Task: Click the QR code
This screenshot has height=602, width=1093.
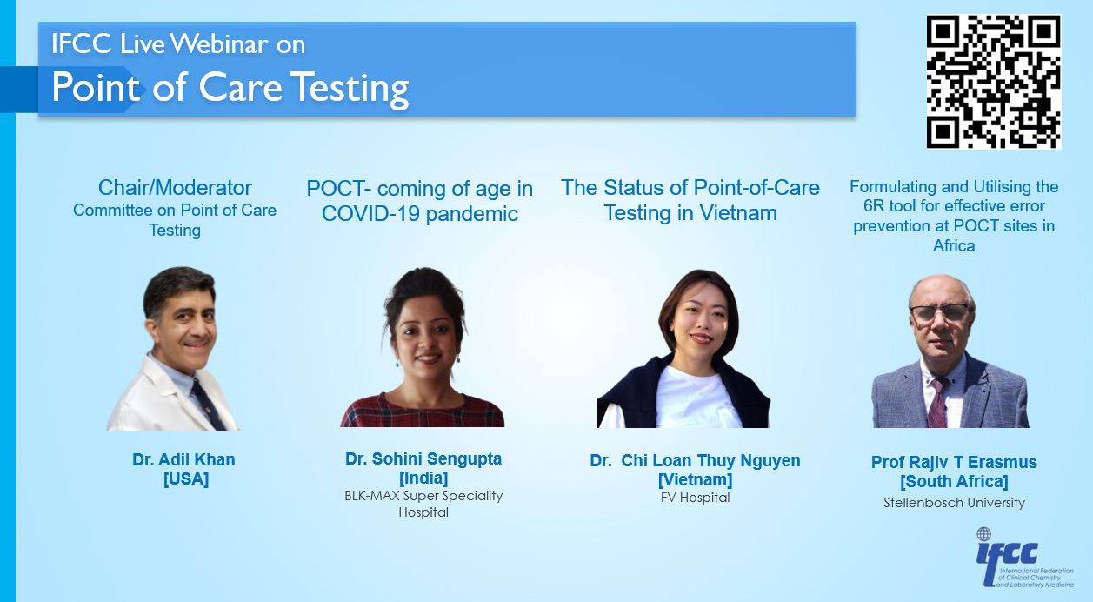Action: pos(994,82)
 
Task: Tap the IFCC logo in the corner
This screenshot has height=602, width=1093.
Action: pos(1024,558)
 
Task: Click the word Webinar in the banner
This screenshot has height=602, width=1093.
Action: pos(218,43)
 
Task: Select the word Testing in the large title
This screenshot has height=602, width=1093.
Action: pos(352,89)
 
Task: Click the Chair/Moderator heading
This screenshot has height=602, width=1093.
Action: pos(175,188)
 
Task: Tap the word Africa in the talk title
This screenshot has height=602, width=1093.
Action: pos(954,245)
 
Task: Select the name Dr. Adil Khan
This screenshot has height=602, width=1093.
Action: pos(183,459)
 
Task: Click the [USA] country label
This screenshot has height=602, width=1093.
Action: pos(186,479)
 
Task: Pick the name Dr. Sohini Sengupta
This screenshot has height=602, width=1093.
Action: pos(423,458)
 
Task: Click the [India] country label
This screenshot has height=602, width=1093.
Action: pos(423,478)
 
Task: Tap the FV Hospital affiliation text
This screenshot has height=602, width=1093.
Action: pos(696,498)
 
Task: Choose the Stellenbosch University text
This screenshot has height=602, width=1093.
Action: pos(954,503)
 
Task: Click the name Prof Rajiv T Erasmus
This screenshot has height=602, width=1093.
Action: pos(954,462)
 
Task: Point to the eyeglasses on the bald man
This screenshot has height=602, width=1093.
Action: pos(939,312)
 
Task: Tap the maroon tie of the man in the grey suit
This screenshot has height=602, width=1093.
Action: pos(936,404)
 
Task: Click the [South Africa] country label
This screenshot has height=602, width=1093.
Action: pos(954,481)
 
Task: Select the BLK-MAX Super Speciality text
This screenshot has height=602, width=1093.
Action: pos(423,496)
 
